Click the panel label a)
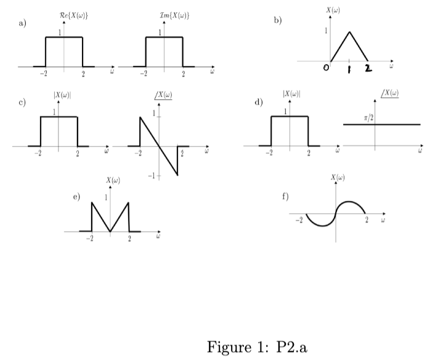23,23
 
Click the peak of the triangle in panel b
349,32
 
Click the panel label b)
278,20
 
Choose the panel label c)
23,102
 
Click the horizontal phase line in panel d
394,125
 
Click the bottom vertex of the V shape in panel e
110,232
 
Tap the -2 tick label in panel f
299,219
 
